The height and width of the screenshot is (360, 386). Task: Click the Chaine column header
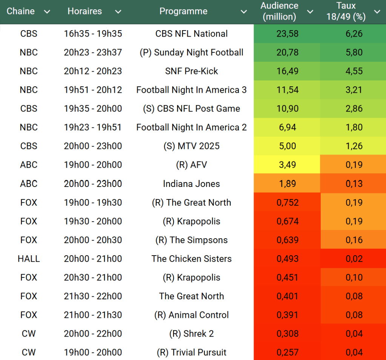21,11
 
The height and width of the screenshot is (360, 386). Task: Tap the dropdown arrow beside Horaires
118,12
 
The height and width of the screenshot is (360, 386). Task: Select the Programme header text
183,11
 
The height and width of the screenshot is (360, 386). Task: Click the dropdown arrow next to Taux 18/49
377,12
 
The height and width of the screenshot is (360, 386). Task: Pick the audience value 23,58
287,34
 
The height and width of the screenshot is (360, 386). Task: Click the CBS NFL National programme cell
191,34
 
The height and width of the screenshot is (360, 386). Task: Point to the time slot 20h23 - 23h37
93,52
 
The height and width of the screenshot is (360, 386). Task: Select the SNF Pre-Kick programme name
191,71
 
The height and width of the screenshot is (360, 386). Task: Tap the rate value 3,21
354,90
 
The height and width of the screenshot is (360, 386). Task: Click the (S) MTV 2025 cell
191,146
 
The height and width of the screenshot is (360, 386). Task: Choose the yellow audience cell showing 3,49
287,165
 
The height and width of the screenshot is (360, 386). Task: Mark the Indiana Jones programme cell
191,184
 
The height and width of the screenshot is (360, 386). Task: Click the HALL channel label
29,259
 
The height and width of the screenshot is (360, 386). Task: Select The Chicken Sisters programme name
191,259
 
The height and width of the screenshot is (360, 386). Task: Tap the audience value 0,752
287,202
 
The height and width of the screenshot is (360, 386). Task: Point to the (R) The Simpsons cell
191,240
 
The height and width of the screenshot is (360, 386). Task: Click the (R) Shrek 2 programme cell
191,334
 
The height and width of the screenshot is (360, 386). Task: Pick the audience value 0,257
287,352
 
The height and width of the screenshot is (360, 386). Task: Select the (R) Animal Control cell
191,315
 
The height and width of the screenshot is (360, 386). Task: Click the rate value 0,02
354,259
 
